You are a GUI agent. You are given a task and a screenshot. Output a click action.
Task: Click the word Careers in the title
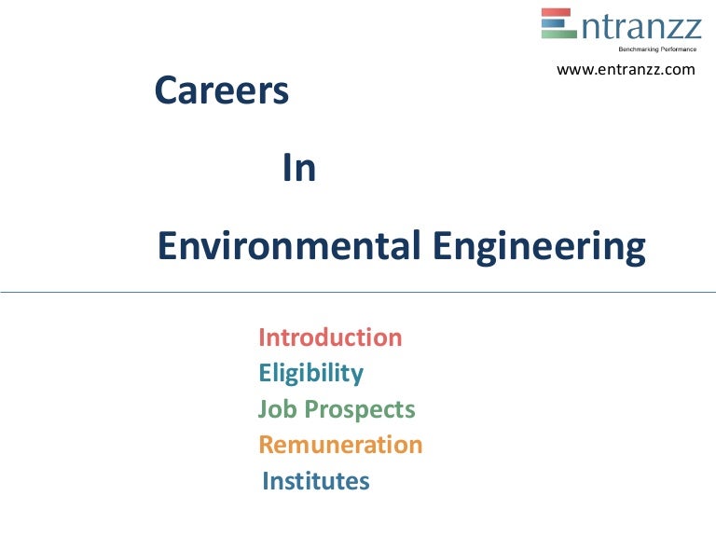click(x=221, y=91)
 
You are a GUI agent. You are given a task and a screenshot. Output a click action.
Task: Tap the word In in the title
click(x=298, y=170)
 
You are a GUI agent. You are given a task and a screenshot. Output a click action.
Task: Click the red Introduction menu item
click(x=330, y=337)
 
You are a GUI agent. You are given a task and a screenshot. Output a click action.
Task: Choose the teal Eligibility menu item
click(x=310, y=374)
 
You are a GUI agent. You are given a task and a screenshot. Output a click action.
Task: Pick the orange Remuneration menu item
click(x=340, y=445)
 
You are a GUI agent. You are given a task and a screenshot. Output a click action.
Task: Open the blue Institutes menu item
click(x=316, y=481)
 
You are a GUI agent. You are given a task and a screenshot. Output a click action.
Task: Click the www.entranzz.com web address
click(x=626, y=70)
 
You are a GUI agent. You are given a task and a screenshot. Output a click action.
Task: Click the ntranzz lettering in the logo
click(x=640, y=25)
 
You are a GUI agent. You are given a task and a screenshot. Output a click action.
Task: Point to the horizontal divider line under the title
click(x=358, y=292)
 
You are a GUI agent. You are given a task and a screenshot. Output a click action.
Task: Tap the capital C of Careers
click(x=167, y=91)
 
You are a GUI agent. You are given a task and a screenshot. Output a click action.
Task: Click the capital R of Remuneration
click(x=267, y=445)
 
